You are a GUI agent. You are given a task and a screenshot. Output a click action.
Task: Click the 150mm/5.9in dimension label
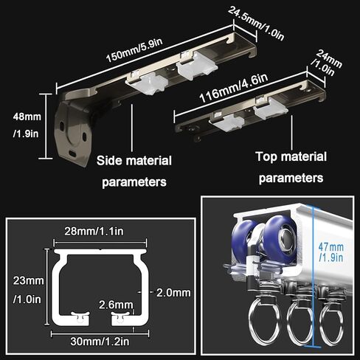134,50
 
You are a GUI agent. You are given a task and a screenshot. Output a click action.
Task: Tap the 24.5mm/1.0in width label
256,23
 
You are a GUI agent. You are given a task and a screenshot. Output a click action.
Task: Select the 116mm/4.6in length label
234,88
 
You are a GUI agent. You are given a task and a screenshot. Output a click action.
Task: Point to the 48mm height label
27,117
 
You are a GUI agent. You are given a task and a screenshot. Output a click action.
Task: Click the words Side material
134,161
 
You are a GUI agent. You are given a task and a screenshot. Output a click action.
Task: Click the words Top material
291,156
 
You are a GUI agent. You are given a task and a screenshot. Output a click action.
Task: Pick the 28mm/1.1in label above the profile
94,231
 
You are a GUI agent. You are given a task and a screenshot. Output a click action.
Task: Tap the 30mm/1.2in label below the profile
100,342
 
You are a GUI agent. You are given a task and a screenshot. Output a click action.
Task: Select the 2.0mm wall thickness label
173,293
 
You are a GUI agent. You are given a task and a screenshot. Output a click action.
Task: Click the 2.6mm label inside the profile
116,305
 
